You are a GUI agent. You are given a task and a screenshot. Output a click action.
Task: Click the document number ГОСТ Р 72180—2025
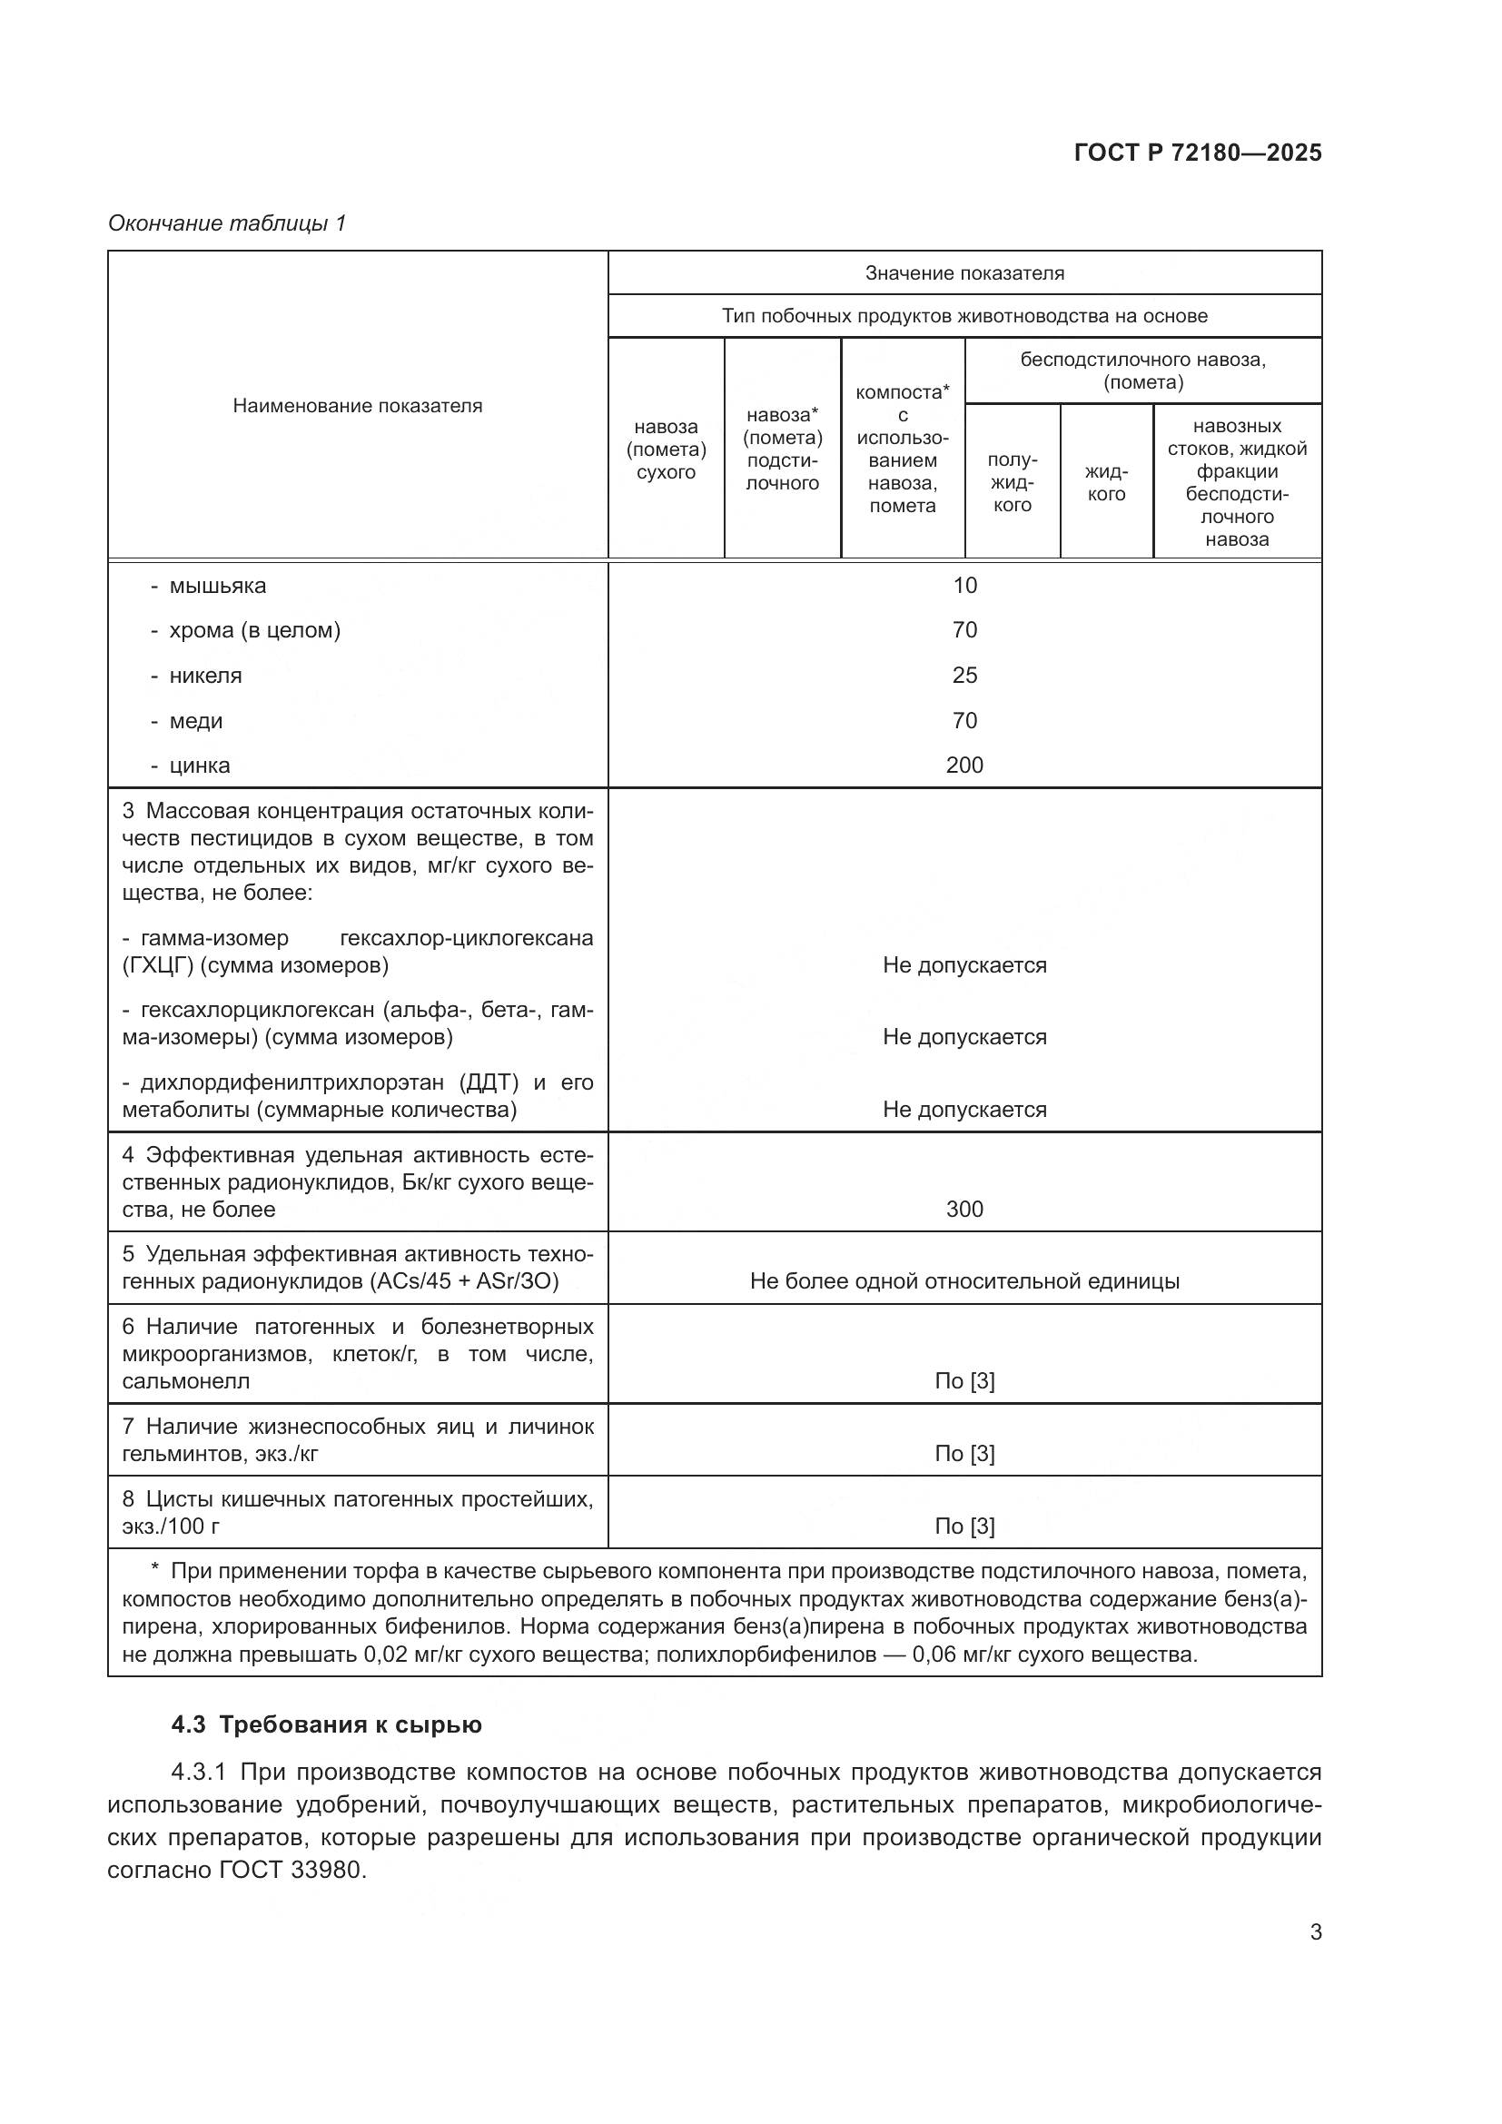[x=1197, y=153]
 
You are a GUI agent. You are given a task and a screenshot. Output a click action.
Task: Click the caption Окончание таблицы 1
[x=227, y=223]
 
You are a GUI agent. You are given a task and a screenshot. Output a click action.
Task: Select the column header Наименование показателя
[x=357, y=405]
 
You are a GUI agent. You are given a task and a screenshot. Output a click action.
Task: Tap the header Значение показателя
[x=963, y=273]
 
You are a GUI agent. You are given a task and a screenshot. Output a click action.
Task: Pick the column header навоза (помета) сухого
[x=666, y=449]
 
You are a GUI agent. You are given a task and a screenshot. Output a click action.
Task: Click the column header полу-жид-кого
[x=1012, y=482]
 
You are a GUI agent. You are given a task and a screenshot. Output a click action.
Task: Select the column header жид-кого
[x=1106, y=482]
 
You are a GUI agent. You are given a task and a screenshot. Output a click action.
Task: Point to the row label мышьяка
[x=217, y=586]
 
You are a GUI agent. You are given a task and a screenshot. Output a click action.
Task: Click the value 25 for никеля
[x=963, y=676]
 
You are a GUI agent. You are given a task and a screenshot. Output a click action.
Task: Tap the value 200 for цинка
[x=963, y=765]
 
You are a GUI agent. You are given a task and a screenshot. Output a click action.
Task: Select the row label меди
[x=196, y=721]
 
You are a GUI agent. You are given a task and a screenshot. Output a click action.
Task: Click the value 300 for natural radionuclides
[x=963, y=1209]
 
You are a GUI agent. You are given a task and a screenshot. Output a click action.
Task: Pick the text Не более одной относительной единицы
[x=963, y=1281]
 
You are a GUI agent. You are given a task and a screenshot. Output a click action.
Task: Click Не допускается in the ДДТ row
[x=963, y=1109]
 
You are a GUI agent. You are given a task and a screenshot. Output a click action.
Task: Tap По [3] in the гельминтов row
[x=963, y=1453]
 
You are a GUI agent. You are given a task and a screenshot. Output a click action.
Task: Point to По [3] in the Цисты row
[x=963, y=1526]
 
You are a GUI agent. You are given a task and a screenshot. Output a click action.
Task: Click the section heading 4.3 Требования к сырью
[x=327, y=1724]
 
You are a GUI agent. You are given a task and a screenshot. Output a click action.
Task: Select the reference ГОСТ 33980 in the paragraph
[x=292, y=1870]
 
